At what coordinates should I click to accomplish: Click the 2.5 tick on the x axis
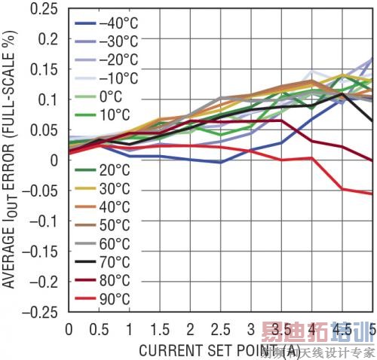click(x=220, y=329)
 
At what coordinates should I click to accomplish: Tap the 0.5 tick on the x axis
click(x=99, y=329)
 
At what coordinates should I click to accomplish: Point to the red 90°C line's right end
click(x=372, y=194)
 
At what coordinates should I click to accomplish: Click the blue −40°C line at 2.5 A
click(x=220, y=162)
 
